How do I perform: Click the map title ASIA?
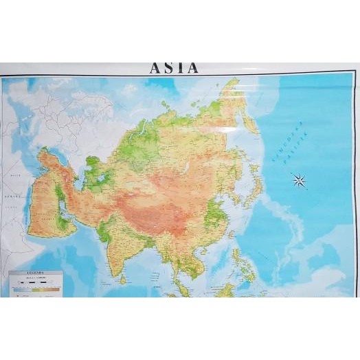[x=174, y=67]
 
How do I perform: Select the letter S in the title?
[x=168, y=67]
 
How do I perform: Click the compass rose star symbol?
[x=299, y=181]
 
